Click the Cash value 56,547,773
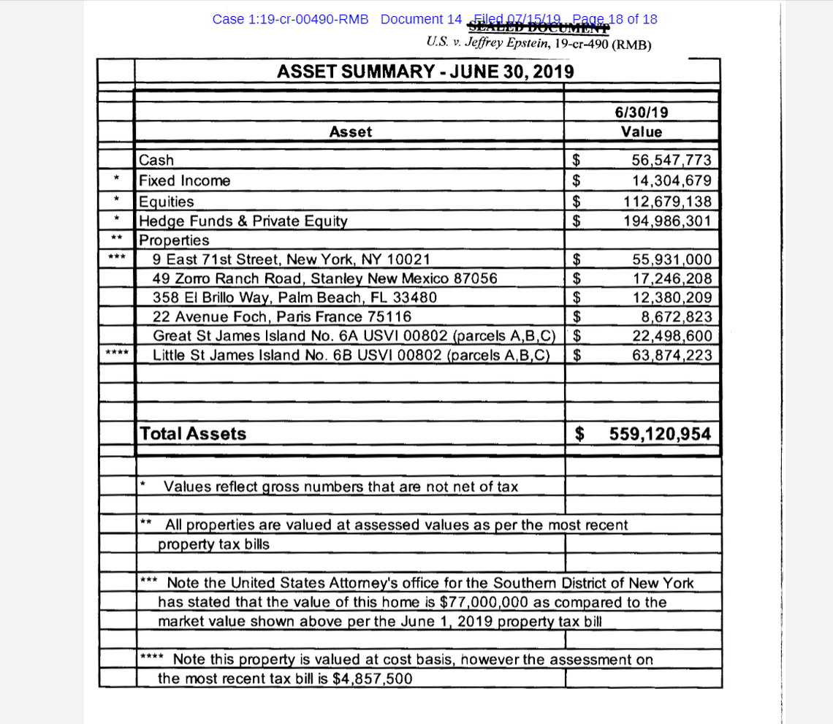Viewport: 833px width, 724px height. [x=671, y=161]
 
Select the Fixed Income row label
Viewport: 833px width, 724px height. [x=185, y=180]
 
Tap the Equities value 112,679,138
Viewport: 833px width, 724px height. [x=666, y=202]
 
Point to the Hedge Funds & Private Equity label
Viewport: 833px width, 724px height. [x=243, y=221]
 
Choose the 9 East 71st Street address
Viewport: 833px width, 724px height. [x=291, y=259]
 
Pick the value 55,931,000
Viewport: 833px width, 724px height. [x=671, y=259]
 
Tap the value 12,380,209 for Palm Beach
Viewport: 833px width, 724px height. [x=671, y=297]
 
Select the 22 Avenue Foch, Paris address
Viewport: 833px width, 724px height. [x=282, y=316]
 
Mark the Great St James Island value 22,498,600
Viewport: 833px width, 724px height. [x=671, y=336]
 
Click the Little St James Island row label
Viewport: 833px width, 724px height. [x=351, y=355]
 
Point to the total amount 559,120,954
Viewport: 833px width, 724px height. [x=660, y=434]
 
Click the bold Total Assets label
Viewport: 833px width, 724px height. [x=193, y=434]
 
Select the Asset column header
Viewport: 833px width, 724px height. [x=350, y=132]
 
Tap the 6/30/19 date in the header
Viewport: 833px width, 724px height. [x=642, y=113]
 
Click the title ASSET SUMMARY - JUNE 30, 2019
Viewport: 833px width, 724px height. [x=425, y=72]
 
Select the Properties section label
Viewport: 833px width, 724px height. [x=174, y=240]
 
